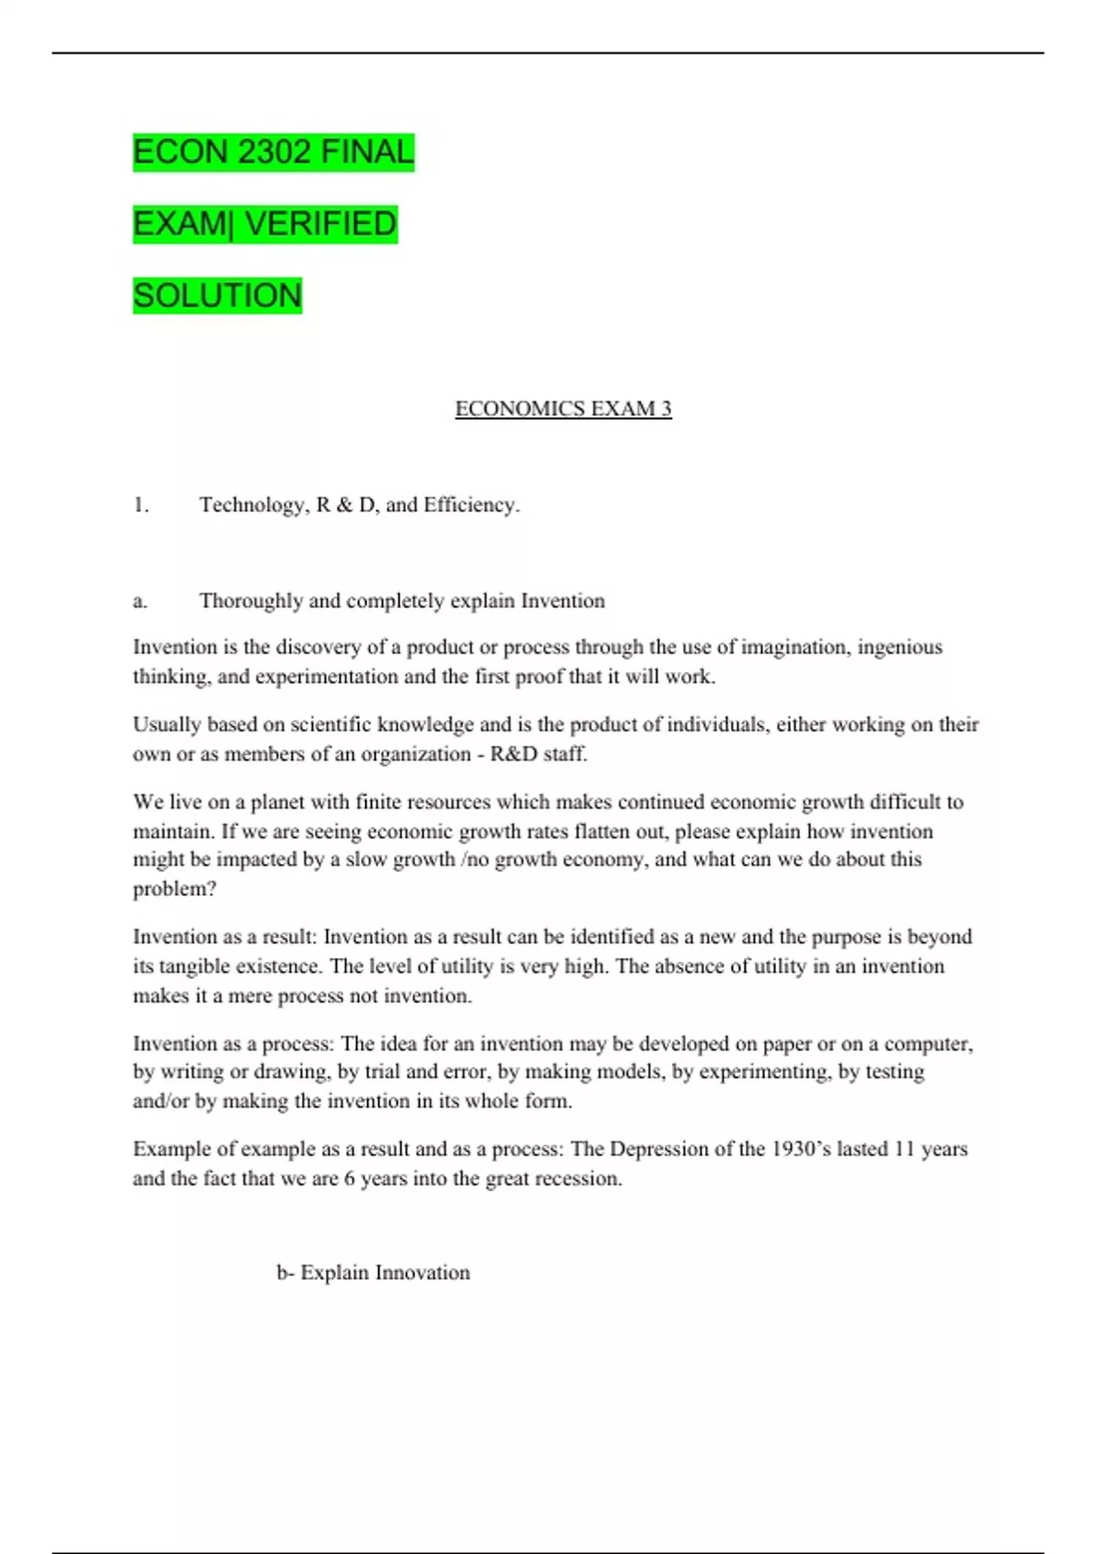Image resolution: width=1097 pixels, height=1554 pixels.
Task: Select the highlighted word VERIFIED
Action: coord(321,224)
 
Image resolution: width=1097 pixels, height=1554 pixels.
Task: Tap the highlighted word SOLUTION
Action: coord(218,296)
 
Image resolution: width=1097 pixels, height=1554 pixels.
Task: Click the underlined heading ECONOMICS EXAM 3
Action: coord(563,409)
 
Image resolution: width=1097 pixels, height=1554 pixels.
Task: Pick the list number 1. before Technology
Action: coord(141,505)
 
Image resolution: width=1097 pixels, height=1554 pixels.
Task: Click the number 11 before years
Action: coord(903,1149)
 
